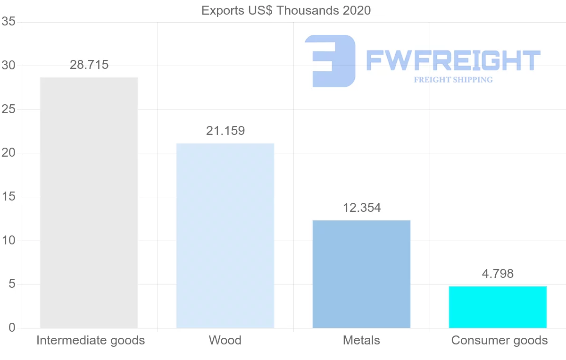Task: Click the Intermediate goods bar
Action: [x=89, y=202]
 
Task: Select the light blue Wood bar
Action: [x=225, y=235]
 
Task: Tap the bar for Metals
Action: [x=361, y=274]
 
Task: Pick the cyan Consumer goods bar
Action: [x=498, y=307]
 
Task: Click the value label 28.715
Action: [x=89, y=65]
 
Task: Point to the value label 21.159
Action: [x=225, y=131]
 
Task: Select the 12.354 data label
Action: [x=362, y=208]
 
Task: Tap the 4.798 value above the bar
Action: [x=498, y=274]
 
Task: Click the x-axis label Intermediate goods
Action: [x=91, y=340]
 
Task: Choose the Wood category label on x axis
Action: [x=225, y=340]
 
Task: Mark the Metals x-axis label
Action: [x=361, y=340]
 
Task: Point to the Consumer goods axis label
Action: [x=499, y=340]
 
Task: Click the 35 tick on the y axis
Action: [x=8, y=22]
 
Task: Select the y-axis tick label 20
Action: [x=8, y=153]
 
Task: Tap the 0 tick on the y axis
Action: [x=12, y=328]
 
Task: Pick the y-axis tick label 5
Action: [x=12, y=284]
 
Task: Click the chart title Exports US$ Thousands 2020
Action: [x=286, y=10]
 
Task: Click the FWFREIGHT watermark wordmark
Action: [x=453, y=60]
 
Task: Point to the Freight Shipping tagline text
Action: [x=453, y=80]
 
